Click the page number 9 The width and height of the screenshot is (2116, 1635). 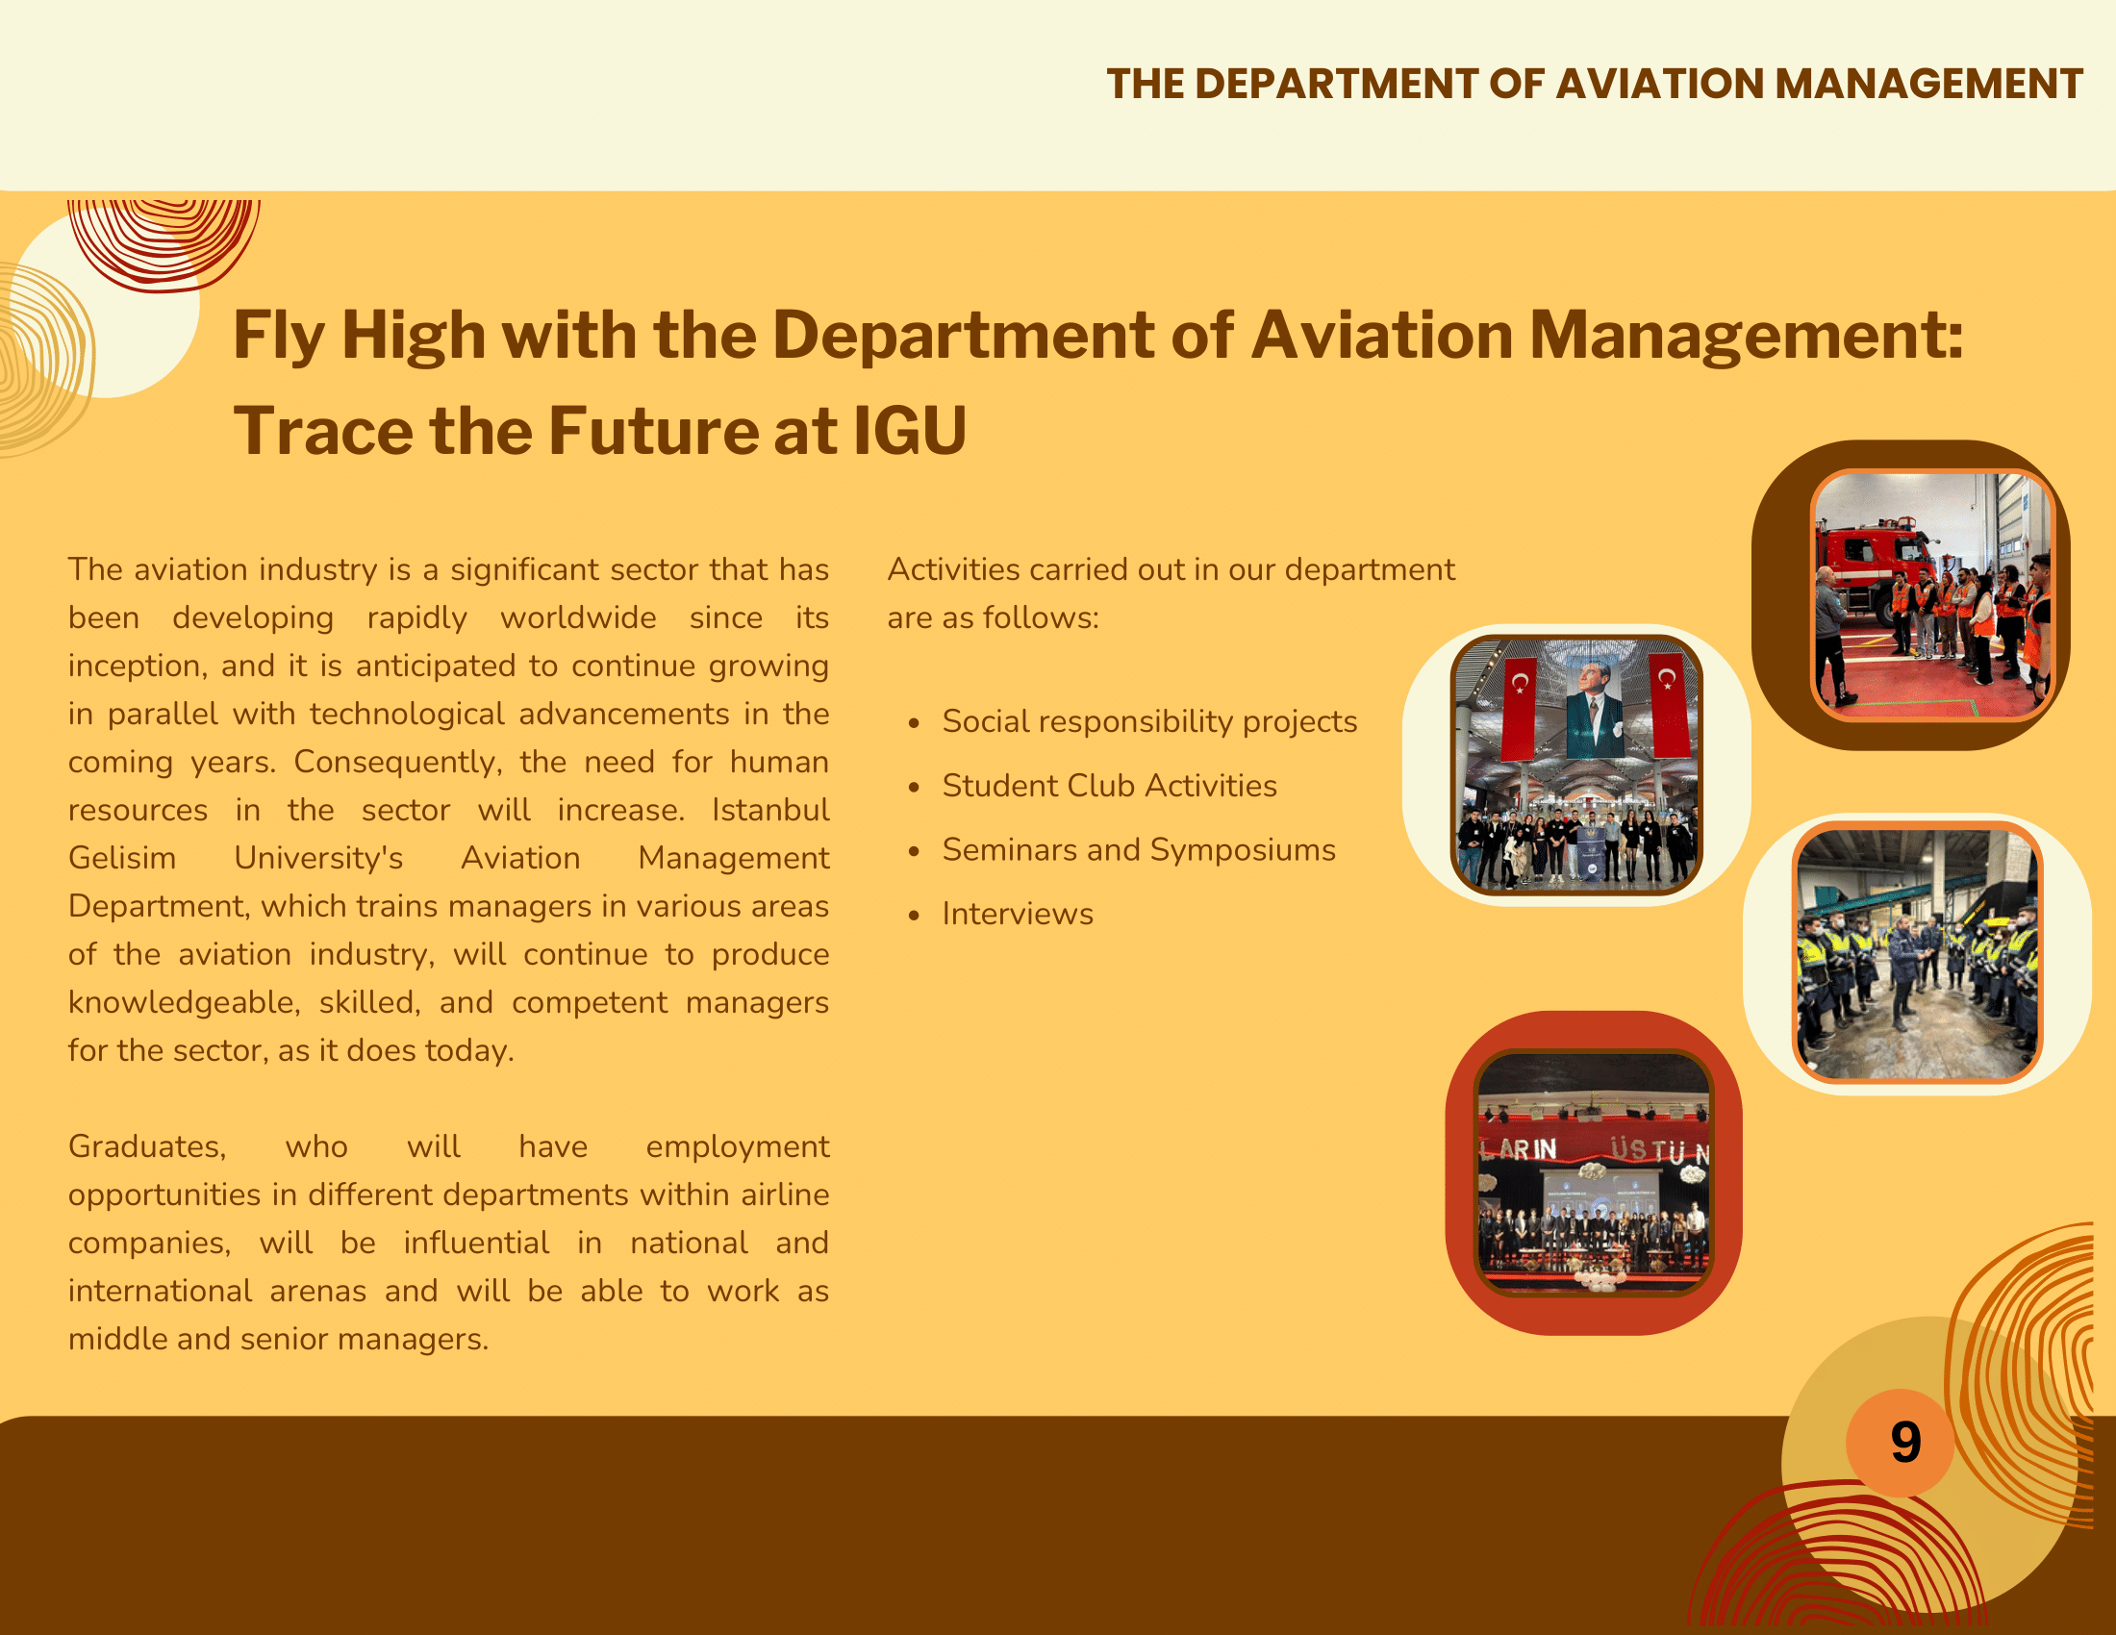point(1904,1442)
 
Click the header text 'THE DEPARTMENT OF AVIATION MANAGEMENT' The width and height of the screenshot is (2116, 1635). point(1594,85)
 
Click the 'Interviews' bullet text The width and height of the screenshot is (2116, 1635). point(1018,914)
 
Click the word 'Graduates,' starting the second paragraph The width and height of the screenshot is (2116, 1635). point(147,1146)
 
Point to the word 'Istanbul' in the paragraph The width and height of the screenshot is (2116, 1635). point(770,810)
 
